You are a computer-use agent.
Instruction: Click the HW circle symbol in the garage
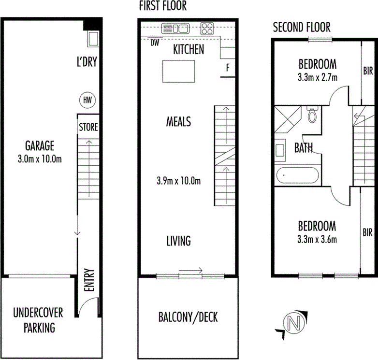(x=87, y=100)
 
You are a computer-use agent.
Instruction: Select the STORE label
(x=88, y=128)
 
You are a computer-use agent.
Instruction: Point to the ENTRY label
(x=88, y=280)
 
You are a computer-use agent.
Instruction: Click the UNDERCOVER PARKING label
(x=38, y=320)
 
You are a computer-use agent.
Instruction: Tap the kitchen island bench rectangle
(x=178, y=72)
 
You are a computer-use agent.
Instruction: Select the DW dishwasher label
(x=155, y=43)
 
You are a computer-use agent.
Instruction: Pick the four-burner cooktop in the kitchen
(x=207, y=29)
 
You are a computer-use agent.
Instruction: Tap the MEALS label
(x=178, y=122)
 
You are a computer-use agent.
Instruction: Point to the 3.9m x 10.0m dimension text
(x=179, y=181)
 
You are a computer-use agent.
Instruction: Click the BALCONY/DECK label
(x=188, y=317)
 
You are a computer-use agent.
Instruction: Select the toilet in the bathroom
(x=312, y=115)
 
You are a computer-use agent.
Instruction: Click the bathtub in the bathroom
(x=297, y=176)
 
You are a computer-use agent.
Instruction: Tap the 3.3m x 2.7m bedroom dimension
(x=317, y=77)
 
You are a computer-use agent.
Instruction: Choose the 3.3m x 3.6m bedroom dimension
(x=317, y=239)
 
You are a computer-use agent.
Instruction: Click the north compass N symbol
(x=292, y=323)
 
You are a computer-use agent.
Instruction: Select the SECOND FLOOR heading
(x=302, y=27)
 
